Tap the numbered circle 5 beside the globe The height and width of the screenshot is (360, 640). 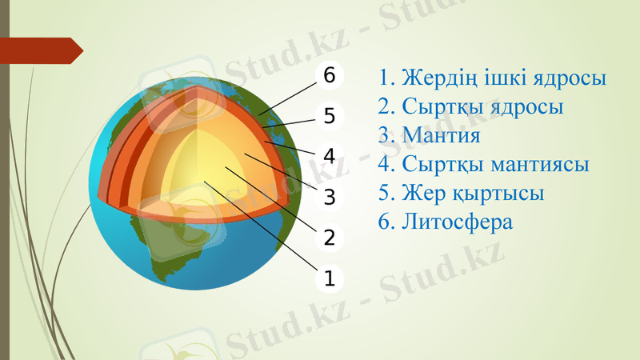(329, 115)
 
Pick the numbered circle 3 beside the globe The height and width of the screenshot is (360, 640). (329, 197)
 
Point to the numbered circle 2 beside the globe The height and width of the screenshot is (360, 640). (329, 238)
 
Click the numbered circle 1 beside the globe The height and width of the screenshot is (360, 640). (329, 278)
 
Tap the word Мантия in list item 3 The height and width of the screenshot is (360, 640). (441, 135)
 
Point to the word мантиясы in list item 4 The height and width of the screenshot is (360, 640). (542, 165)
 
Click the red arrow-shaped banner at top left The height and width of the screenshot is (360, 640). (44, 50)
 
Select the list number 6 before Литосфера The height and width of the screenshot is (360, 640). (386, 222)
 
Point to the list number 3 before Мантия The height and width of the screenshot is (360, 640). (386, 135)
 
